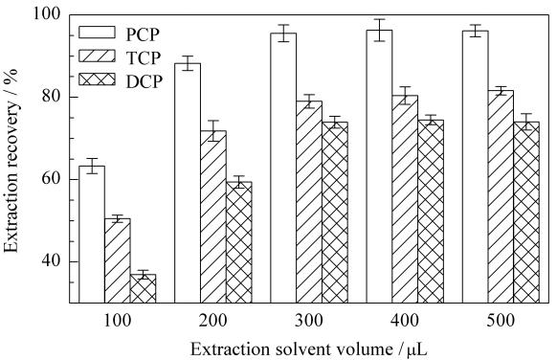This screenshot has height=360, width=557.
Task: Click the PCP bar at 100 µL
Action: [92, 235]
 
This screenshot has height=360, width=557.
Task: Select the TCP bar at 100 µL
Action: [118, 260]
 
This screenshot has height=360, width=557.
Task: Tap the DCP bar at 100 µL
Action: [144, 288]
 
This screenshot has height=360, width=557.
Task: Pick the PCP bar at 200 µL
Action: [188, 183]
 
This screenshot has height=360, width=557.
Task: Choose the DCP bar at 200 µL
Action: [239, 242]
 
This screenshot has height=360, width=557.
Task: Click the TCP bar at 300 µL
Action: [309, 202]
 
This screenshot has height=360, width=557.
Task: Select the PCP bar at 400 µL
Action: [379, 167]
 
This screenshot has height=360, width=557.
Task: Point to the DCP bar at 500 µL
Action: [526, 213]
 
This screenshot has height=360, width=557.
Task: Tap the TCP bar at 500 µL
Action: [501, 196]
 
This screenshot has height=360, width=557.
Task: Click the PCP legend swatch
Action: [97, 32]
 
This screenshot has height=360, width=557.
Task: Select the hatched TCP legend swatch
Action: [97, 56]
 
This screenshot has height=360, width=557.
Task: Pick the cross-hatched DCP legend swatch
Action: [97, 79]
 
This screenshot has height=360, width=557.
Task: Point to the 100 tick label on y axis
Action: [47, 15]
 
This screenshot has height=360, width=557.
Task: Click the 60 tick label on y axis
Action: [52, 179]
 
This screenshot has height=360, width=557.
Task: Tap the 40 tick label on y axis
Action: [52, 261]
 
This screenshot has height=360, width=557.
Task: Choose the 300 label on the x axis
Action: [309, 321]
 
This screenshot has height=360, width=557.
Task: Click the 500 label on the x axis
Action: [501, 321]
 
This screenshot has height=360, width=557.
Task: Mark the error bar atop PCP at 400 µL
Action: [380, 31]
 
